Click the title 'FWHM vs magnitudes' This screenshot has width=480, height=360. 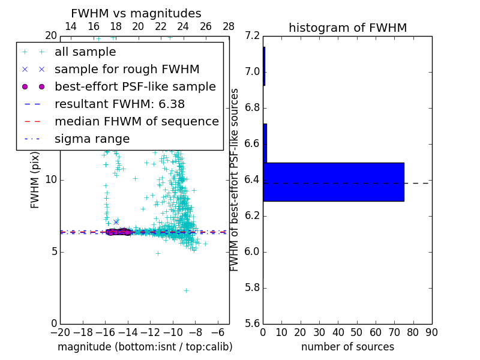click(136, 14)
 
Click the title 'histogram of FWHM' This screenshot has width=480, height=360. click(347, 28)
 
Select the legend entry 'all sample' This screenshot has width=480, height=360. click(85, 52)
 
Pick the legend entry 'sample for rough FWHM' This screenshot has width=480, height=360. click(127, 70)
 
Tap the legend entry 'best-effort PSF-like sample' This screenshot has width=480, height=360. click(135, 87)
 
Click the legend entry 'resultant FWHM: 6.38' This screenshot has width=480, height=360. click(119, 104)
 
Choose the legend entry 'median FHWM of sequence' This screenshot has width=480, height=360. click(136, 122)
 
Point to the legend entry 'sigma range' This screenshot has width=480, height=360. click(92, 139)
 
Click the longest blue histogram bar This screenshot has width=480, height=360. click(334, 182)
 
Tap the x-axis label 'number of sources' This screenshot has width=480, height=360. click(347, 347)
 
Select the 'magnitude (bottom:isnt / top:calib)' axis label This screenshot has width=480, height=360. click(145, 347)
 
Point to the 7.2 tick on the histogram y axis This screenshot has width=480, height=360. click(253, 36)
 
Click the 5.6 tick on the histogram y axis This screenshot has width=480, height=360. click(253, 323)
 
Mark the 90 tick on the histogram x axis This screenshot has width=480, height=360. click(431, 332)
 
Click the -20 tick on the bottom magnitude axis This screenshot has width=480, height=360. click(60, 332)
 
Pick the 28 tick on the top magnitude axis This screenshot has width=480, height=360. click(229, 26)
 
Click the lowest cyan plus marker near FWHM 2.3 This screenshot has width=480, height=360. click(186, 290)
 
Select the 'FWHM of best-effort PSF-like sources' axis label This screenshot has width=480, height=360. click(235, 179)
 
